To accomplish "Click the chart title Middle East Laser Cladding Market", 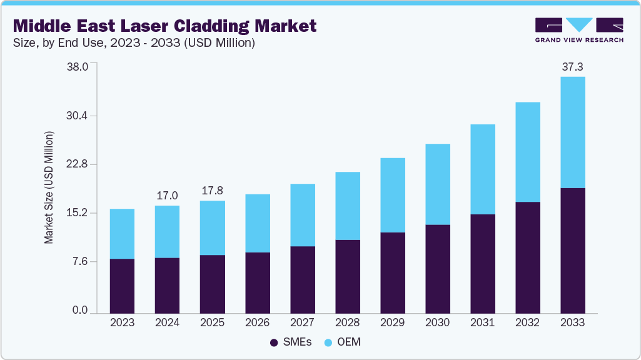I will point(164,26).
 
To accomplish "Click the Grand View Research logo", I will point(579,30).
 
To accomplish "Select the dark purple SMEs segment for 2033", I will point(572,250).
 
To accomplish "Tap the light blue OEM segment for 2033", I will point(572,132).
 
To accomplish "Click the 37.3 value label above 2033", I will point(572,66).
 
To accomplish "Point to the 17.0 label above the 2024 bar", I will point(167,196).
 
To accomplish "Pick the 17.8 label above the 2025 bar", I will point(212,191).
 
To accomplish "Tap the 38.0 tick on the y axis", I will point(81,67).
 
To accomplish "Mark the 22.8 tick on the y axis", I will point(81,164).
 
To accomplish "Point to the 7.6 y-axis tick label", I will point(84,261).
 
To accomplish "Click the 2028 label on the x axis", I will point(347,322).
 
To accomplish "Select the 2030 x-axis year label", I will point(437,322).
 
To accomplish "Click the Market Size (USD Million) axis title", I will point(49,187).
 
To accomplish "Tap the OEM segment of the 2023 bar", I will point(122,234).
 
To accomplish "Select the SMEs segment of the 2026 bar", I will point(257,282).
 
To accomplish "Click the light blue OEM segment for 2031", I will point(482,169).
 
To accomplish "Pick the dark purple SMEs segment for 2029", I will point(392,272).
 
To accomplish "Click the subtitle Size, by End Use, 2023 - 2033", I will point(134,43).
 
